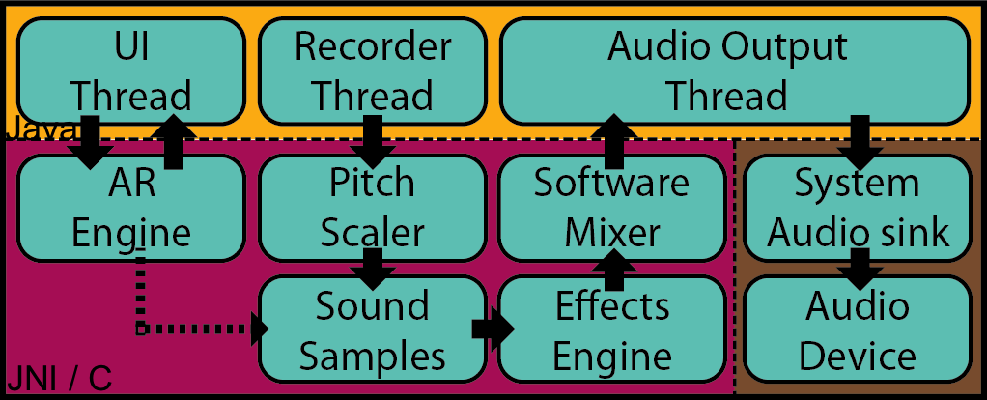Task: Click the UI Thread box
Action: point(131,71)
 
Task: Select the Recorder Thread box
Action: point(373,71)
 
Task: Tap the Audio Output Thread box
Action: point(734,71)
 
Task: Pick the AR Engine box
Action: point(131,208)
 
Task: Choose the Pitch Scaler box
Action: point(373,208)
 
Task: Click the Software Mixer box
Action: point(612,208)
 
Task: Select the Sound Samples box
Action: point(373,329)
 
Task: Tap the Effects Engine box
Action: point(612,329)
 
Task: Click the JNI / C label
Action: point(59,379)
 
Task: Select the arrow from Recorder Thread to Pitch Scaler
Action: point(374,142)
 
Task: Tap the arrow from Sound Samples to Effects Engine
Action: point(493,329)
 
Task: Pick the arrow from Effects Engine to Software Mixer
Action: point(612,270)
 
